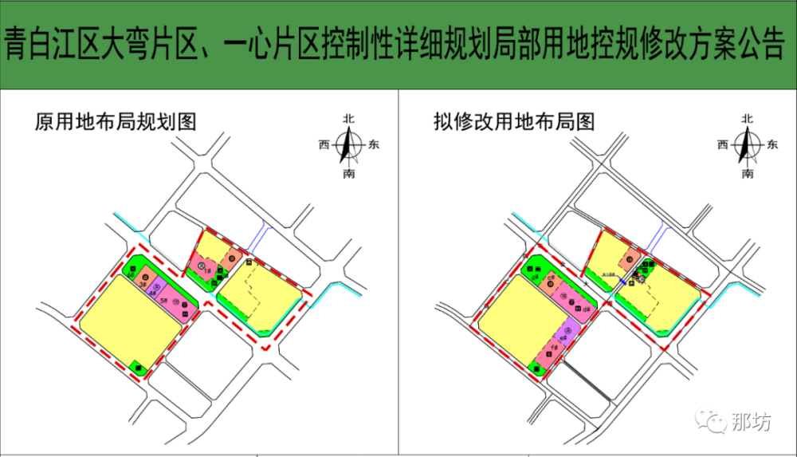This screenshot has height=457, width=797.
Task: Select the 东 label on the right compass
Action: coord(772,145)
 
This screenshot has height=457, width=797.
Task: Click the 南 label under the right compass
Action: coord(748,173)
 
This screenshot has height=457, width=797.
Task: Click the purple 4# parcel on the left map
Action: coord(156,290)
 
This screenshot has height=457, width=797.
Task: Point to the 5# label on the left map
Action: coord(164,300)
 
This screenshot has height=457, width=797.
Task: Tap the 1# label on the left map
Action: coord(207,272)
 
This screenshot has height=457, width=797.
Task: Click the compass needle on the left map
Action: coord(348,145)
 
